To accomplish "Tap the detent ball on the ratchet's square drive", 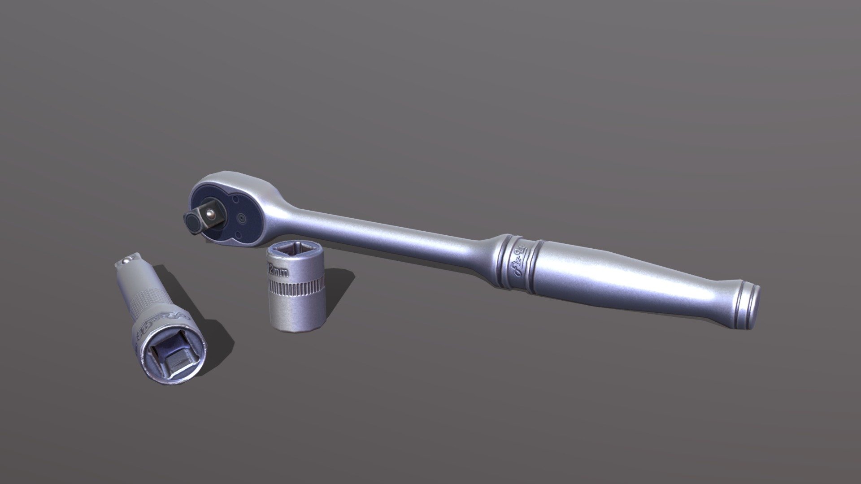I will pos(209,215).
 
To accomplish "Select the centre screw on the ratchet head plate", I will pos(242,218).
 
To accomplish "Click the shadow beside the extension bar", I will pos(211,323).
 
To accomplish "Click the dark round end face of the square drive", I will pos(191,221).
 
